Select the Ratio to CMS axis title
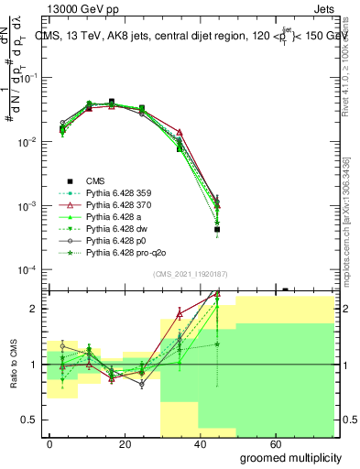pos(13,363)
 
